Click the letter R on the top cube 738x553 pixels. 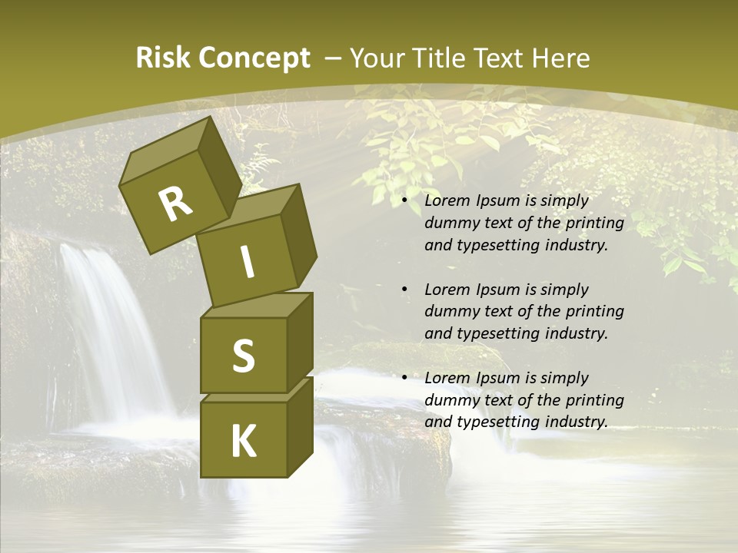175,204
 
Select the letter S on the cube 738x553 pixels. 243,355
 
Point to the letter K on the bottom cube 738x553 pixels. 243,442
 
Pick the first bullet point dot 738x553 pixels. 405,200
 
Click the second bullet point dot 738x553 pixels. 405,290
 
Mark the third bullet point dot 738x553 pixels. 405,378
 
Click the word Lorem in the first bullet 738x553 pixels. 446,200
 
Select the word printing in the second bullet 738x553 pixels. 595,311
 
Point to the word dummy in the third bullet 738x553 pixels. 448,400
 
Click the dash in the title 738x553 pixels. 334,58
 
